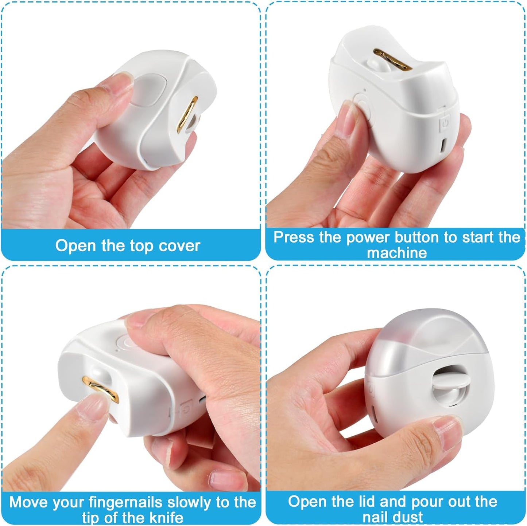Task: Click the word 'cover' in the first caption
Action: (179, 246)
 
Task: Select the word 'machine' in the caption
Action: (397, 253)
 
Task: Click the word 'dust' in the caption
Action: (408, 517)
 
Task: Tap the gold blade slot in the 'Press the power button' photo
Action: (393, 60)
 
